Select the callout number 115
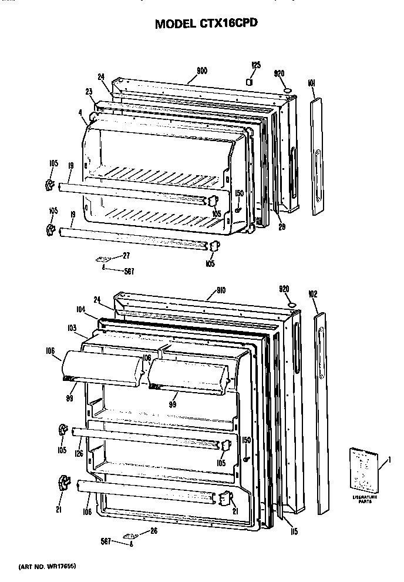294,532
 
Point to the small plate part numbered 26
129,536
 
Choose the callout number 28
282,226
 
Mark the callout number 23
89,91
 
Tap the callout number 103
72,327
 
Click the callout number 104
80,308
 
